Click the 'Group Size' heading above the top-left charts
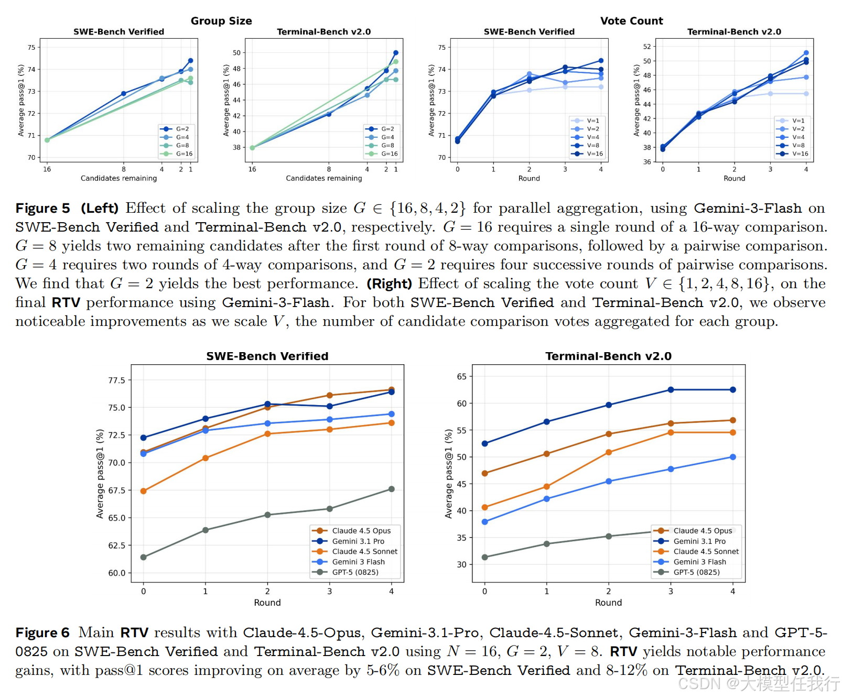click(221, 21)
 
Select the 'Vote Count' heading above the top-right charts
click(632, 21)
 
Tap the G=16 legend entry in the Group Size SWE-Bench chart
click(176, 154)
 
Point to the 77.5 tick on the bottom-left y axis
click(116, 380)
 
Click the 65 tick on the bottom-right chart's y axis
click(461, 376)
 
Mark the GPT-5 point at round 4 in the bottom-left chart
click(392, 489)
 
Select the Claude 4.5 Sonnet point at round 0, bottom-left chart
click(144, 491)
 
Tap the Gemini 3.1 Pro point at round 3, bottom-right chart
click(671, 390)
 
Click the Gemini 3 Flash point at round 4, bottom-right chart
click(733, 457)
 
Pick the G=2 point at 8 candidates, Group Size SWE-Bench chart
click(124, 94)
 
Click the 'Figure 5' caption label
click(42, 209)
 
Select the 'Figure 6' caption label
click(42, 633)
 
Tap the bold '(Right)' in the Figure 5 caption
click(389, 284)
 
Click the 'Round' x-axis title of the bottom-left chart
click(267, 603)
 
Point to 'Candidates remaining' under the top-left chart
click(119, 178)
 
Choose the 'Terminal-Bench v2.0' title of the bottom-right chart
click(608, 356)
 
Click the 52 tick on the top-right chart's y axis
click(647, 47)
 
